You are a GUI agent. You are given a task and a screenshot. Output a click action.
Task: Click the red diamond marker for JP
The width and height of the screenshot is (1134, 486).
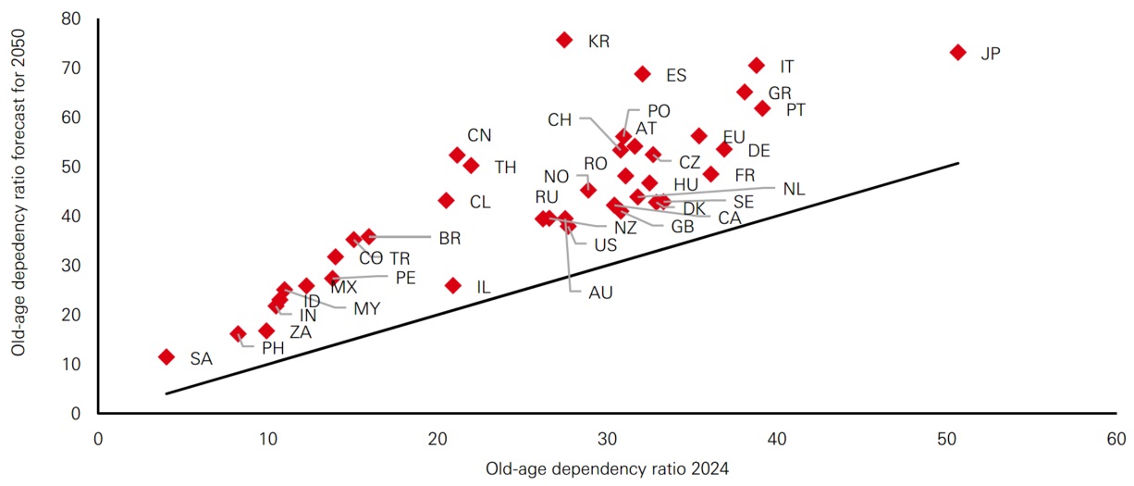pos(957,53)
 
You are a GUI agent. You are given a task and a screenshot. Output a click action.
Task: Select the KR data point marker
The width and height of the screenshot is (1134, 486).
pos(564,40)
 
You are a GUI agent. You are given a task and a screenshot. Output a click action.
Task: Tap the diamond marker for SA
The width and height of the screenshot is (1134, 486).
pos(166,356)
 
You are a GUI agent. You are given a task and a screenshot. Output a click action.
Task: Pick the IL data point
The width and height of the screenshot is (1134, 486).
pos(453,286)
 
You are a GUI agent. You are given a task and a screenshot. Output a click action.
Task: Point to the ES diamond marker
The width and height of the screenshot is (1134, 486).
pos(643,74)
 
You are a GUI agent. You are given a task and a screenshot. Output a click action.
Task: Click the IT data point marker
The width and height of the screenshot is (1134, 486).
pos(756,66)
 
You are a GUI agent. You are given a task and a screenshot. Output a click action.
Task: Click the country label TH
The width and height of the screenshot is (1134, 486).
pos(505,168)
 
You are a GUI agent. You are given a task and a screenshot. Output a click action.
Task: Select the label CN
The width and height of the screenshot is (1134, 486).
pos(479,135)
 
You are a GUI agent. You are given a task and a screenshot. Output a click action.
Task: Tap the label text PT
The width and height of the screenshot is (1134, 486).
pos(795,109)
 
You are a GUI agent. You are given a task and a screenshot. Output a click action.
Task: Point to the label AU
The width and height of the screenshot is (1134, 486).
pos(600,293)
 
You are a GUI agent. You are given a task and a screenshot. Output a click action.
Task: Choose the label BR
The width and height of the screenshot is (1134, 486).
pos(450,239)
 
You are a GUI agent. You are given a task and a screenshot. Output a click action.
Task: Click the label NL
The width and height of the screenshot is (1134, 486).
pos(794,189)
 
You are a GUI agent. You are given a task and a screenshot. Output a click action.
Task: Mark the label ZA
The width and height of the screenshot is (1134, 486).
pos(300,332)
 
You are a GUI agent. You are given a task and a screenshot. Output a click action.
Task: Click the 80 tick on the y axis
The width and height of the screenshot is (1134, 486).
pos(72,19)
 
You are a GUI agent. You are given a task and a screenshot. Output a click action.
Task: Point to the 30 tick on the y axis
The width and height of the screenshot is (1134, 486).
pos(72,266)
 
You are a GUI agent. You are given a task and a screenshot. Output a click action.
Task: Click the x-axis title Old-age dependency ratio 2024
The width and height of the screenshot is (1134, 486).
pos(607,469)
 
